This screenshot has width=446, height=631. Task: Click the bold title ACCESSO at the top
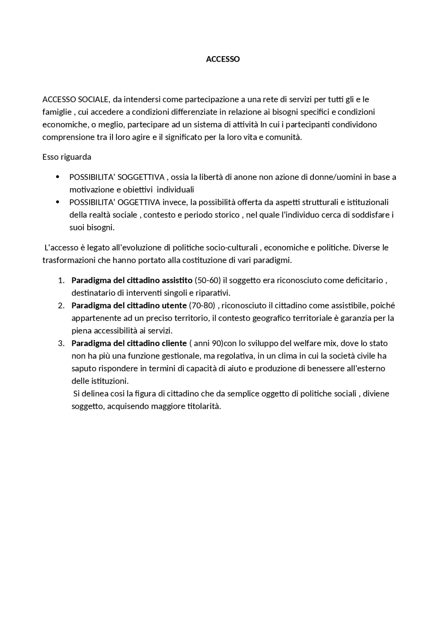point(223,59)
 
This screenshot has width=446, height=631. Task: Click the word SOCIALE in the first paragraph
point(93,100)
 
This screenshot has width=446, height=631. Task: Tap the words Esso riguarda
point(67,157)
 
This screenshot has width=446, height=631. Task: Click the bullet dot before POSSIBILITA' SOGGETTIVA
point(57,177)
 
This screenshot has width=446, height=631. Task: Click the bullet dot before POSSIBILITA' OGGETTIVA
point(57,202)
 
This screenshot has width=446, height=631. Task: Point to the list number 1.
point(61,280)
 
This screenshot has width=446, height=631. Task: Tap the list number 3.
point(61,344)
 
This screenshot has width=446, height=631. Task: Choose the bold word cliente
point(175,344)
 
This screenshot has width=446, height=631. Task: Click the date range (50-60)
point(208,280)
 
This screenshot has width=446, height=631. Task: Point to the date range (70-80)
point(202,306)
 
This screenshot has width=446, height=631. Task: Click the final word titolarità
point(204,406)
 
